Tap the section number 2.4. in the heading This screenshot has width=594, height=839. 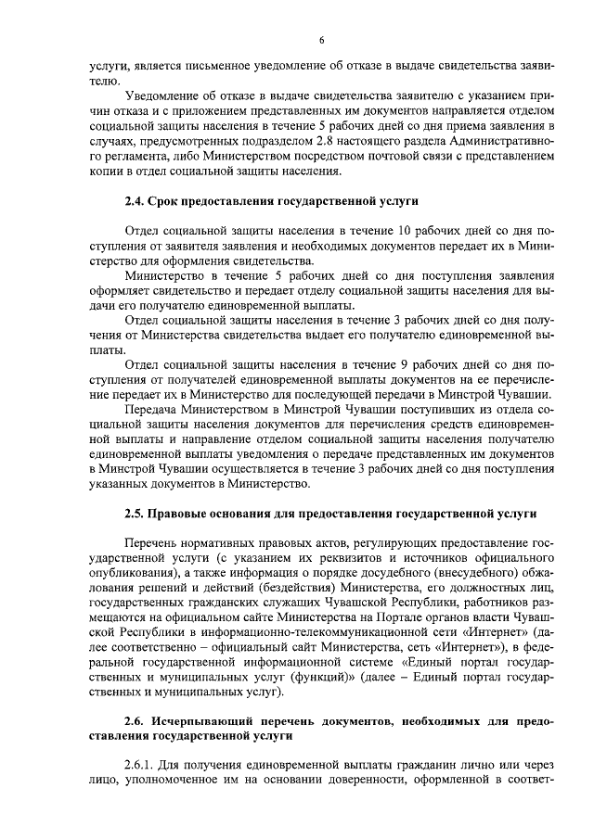click(136, 200)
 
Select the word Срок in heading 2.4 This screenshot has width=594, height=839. click(172, 200)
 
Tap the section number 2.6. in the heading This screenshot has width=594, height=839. click(136, 720)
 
